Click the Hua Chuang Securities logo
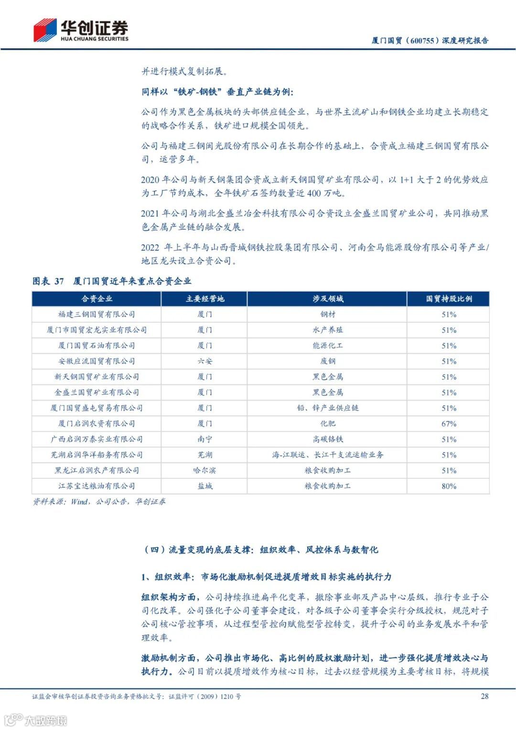pyautogui.click(x=81, y=30)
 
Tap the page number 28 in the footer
pyautogui.click(x=484, y=696)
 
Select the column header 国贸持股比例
pyautogui.click(x=449, y=299)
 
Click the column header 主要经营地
pyautogui.click(x=204, y=299)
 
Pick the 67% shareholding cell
pyautogui.click(x=449, y=424)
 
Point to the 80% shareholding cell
pyautogui.click(x=449, y=486)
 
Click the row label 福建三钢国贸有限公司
pyautogui.click(x=97, y=315)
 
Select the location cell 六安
pyautogui.click(x=204, y=361)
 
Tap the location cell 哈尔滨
pyautogui.click(x=204, y=470)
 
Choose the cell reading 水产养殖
pyautogui.click(x=327, y=330)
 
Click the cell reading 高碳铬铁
pyautogui.click(x=327, y=439)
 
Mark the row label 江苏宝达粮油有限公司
pyautogui.click(x=97, y=486)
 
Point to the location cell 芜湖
pyautogui.click(x=204, y=455)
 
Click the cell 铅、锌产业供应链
pyautogui.click(x=327, y=408)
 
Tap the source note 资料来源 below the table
pyautogui.click(x=99, y=501)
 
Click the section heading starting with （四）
pyautogui.click(x=261, y=550)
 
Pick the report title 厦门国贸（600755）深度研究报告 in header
pyautogui.click(x=430, y=41)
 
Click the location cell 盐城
pyautogui.click(x=204, y=486)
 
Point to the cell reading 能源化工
pyautogui.click(x=327, y=346)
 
